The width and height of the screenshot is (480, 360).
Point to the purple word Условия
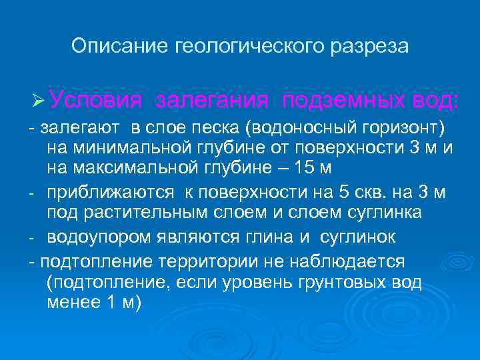pos(95,101)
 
